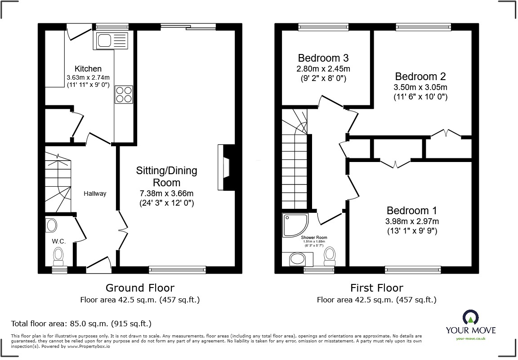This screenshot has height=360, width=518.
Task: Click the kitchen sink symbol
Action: pyautogui.click(x=111, y=41)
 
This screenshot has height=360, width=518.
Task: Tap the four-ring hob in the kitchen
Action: pyautogui.click(x=124, y=94)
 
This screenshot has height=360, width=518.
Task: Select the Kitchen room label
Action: pyautogui.click(x=88, y=69)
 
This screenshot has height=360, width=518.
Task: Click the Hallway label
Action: pyautogui.click(x=95, y=193)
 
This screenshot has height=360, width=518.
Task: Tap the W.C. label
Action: pyautogui.click(x=59, y=241)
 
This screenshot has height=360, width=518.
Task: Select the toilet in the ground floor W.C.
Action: pyautogui.click(x=58, y=257)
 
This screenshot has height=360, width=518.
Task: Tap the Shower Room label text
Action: pyautogui.click(x=314, y=237)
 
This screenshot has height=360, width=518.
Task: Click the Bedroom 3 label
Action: pyautogui.click(x=323, y=58)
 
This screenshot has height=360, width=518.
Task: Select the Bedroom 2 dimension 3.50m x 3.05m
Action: pyautogui.click(x=421, y=87)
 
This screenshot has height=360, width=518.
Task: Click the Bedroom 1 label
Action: pyautogui.click(x=412, y=211)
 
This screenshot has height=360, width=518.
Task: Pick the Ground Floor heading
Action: pyautogui.click(x=140, y=288)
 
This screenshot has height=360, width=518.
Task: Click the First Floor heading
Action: pyautogui.click(x=376, y=288)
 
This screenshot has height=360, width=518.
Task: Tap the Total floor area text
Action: pyautogui.click(x=81, y=324)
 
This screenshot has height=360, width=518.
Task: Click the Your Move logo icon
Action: pyautogui.click(x=470, y=318)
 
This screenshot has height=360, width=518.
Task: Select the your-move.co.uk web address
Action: pyautogui.click(x=470, y=339)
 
